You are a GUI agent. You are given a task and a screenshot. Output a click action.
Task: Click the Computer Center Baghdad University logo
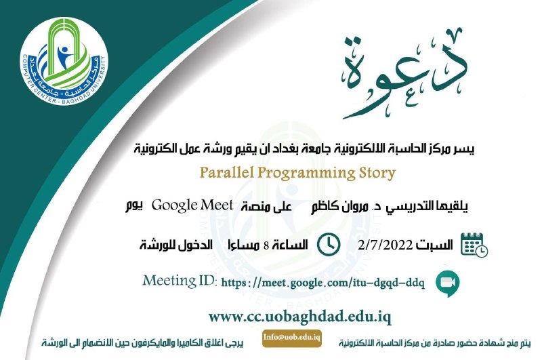click(x=64, y=61)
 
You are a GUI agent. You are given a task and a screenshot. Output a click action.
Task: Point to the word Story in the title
click(x=377, y=174)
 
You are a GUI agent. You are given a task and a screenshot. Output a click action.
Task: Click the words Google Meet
click(x=192, y=205)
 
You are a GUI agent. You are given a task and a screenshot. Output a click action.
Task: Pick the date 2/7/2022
click(x=385, y=245)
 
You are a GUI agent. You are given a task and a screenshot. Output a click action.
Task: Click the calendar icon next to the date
click(x=474, y=245)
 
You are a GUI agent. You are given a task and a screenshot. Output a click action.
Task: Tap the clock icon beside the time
click(x=329, y=245)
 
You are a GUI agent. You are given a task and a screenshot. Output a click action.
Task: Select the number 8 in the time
click(x=266, y=245)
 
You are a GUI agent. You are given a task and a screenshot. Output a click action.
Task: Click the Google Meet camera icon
click(x=447, y=283)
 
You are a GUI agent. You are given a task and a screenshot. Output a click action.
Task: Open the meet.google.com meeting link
click(x=322, y=283)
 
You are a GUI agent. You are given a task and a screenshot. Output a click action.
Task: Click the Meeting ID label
click(x=180, y=281)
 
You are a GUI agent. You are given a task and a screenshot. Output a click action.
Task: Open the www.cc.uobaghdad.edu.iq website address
click(x=299, y=317)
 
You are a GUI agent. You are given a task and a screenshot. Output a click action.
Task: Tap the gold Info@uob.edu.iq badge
click(x=292, y=338)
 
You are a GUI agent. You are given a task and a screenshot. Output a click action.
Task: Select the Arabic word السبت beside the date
click(x=434, y=245)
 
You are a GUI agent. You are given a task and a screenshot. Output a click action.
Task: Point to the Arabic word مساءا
click(x=244, y=245)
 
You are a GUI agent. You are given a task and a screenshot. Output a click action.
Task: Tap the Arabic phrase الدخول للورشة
click(x=176, y=245)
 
